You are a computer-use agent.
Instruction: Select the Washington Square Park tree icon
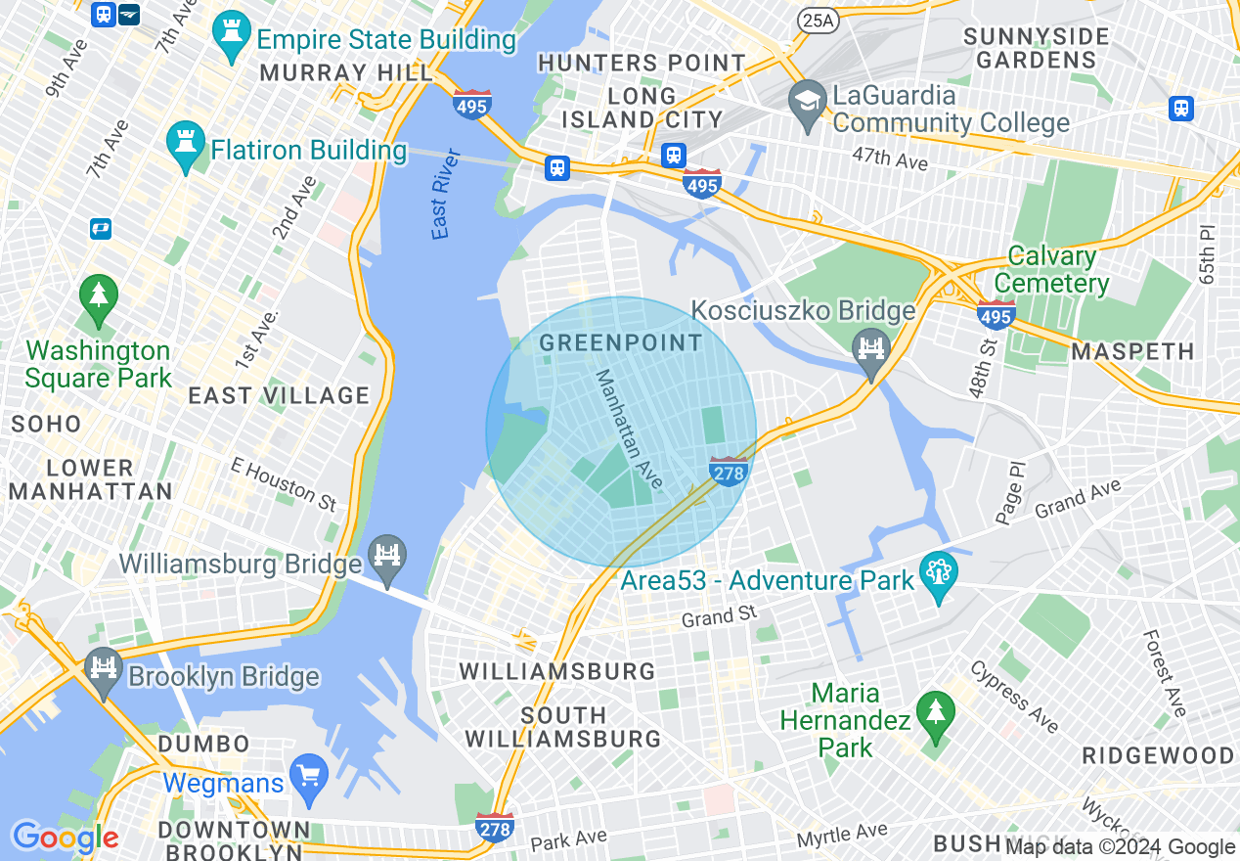[98, 300]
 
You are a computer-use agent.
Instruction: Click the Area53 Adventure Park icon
[939, 578]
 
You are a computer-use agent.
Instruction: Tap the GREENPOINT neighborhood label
[620, 343]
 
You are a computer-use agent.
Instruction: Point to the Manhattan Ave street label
[630, 429]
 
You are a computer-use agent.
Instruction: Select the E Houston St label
[284, 483]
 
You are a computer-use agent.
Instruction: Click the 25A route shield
[815, 19]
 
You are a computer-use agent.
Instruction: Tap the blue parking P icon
[99, 229]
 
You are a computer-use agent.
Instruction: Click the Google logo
[65, 837]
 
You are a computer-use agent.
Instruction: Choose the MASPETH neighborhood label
[1132, 351]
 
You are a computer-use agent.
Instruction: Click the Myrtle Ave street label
[842, 835]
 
